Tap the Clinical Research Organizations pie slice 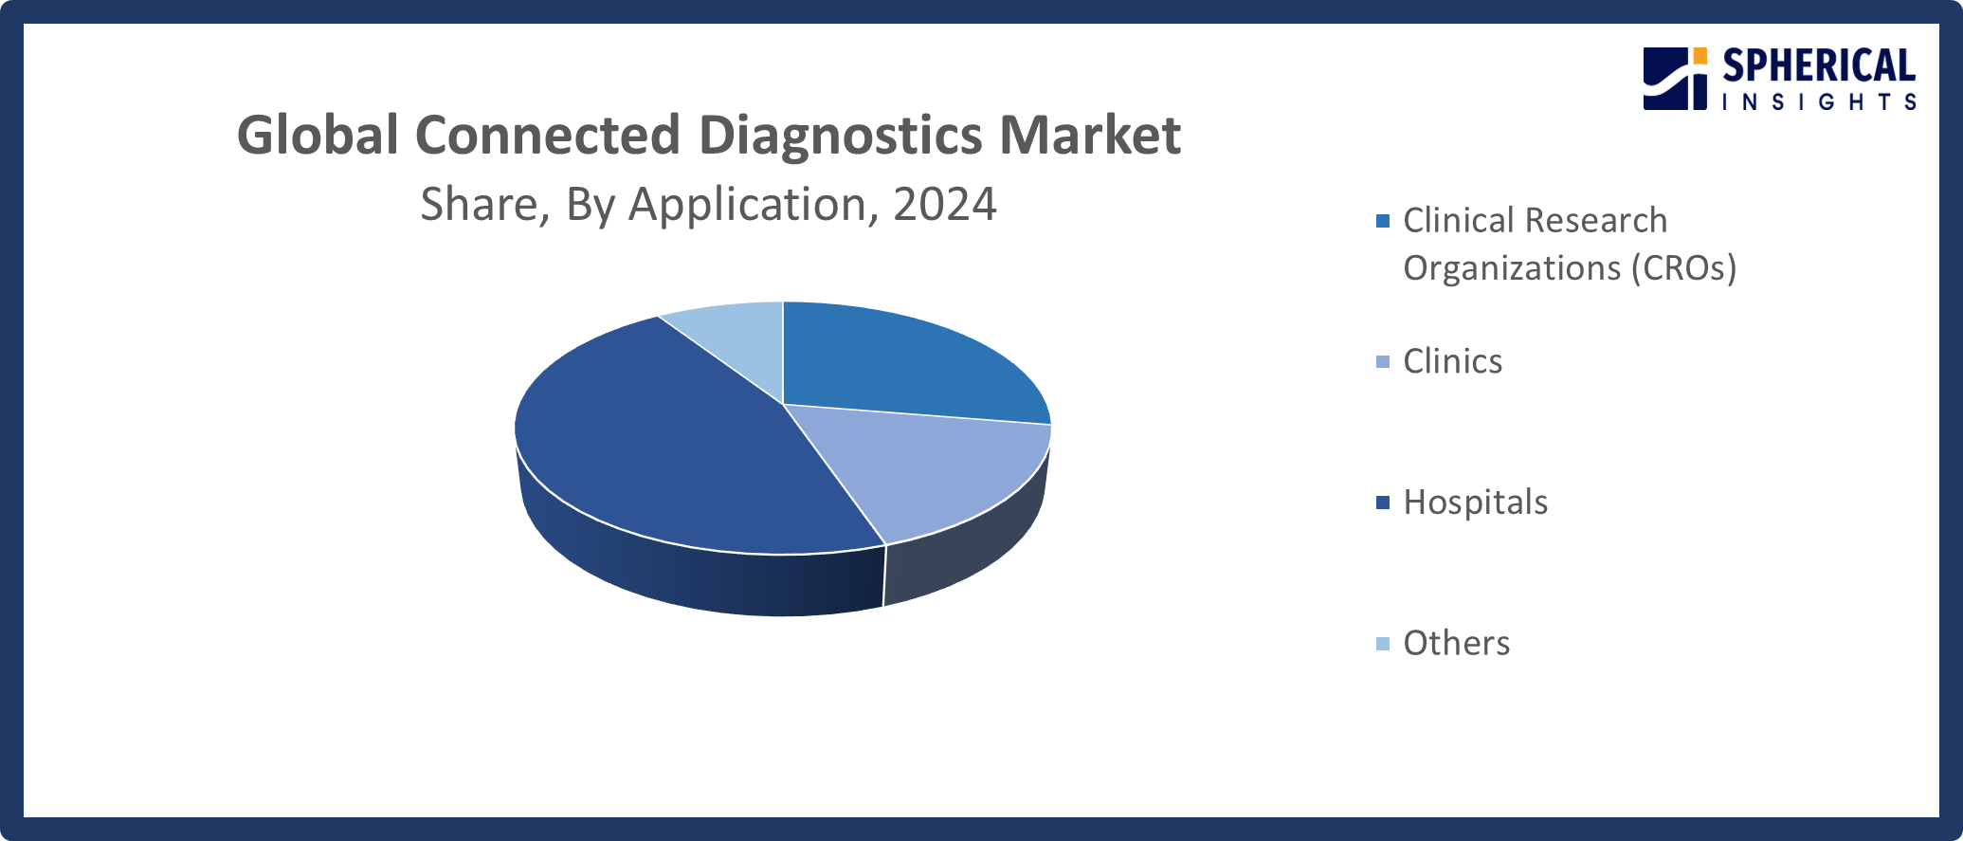(900, 360)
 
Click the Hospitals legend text (1475, 502)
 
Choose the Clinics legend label (1452, 361)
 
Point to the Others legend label (1456, 643)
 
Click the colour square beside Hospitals (1383, 503)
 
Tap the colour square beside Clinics (1383, 362)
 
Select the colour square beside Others (1383, 644)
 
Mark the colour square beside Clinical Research (1383, 221)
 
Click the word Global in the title (318, 135)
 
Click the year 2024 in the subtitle (944, 204)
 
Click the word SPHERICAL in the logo (1819, 66)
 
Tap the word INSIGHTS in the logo (1819, 101)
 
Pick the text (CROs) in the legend (1683, 268)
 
